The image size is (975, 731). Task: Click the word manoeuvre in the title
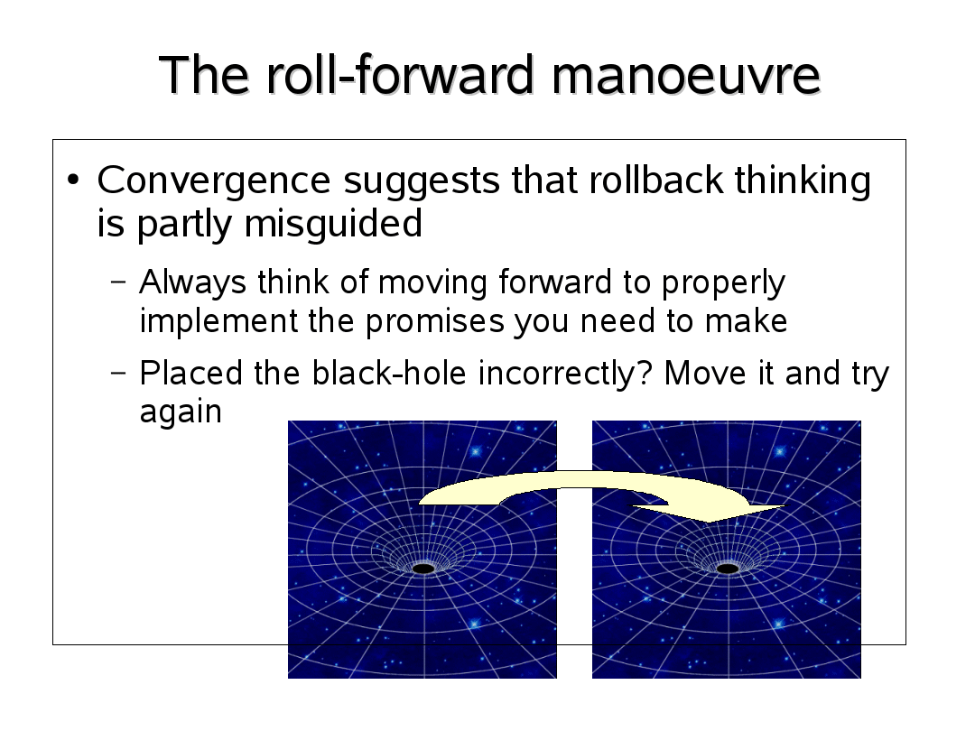[686, 75]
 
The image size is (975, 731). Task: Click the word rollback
[655, 180]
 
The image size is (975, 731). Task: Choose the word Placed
[190, 375]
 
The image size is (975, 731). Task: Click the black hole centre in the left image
[423, 569]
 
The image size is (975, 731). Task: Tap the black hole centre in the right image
[728, 569]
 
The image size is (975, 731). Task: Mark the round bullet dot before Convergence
[73, 180]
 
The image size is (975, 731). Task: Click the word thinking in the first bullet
[803, 181]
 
